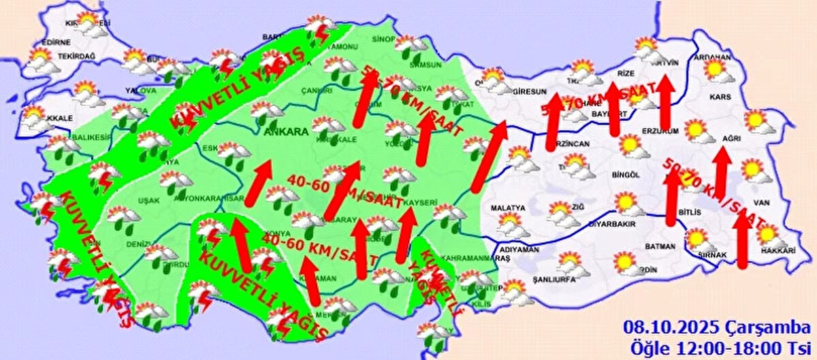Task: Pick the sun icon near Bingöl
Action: (630, 144)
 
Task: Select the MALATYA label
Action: (508, 208)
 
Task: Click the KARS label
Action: (720, 97)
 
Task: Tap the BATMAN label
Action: (660, 246)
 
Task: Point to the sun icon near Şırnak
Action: (696, 238)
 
